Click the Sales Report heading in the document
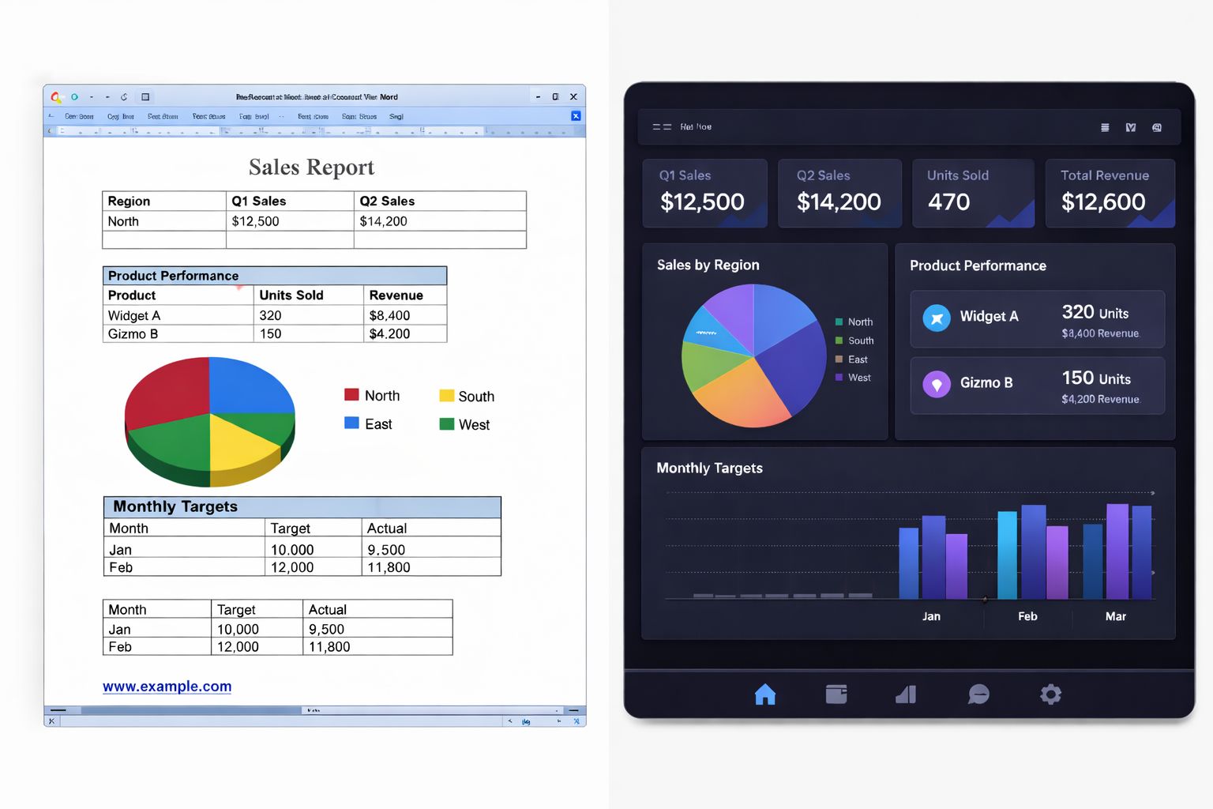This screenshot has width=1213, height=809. [x=311, y=167]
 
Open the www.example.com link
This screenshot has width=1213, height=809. [x=167, y=687]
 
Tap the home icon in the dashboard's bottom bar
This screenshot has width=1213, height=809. [x=764, y=694]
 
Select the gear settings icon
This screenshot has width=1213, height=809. [x=1050, y=694]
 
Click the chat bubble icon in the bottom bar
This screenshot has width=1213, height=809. [x=978, y=694]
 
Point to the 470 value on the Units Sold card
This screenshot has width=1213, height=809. [x=948, y=202]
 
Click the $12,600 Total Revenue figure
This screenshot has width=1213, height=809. [x=1102, y=202]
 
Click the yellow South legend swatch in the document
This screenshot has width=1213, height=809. [x=446, y=396]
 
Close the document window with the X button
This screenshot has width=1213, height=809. [x=573, y=97]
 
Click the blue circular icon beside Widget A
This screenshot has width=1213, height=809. [x=937, y=318]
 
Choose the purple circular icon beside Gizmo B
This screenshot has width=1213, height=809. [x=937, y=385]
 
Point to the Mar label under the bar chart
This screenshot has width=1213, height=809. [x=1115, y=616]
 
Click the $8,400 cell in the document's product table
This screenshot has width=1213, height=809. [x=389, y=315]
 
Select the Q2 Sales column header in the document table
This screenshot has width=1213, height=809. [x=387, y=201]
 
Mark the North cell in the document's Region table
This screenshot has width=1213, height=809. [x=123, y=221]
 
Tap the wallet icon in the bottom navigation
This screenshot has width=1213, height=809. [x=836, y=694]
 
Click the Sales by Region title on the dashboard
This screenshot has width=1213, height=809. [x=708, y=265]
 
